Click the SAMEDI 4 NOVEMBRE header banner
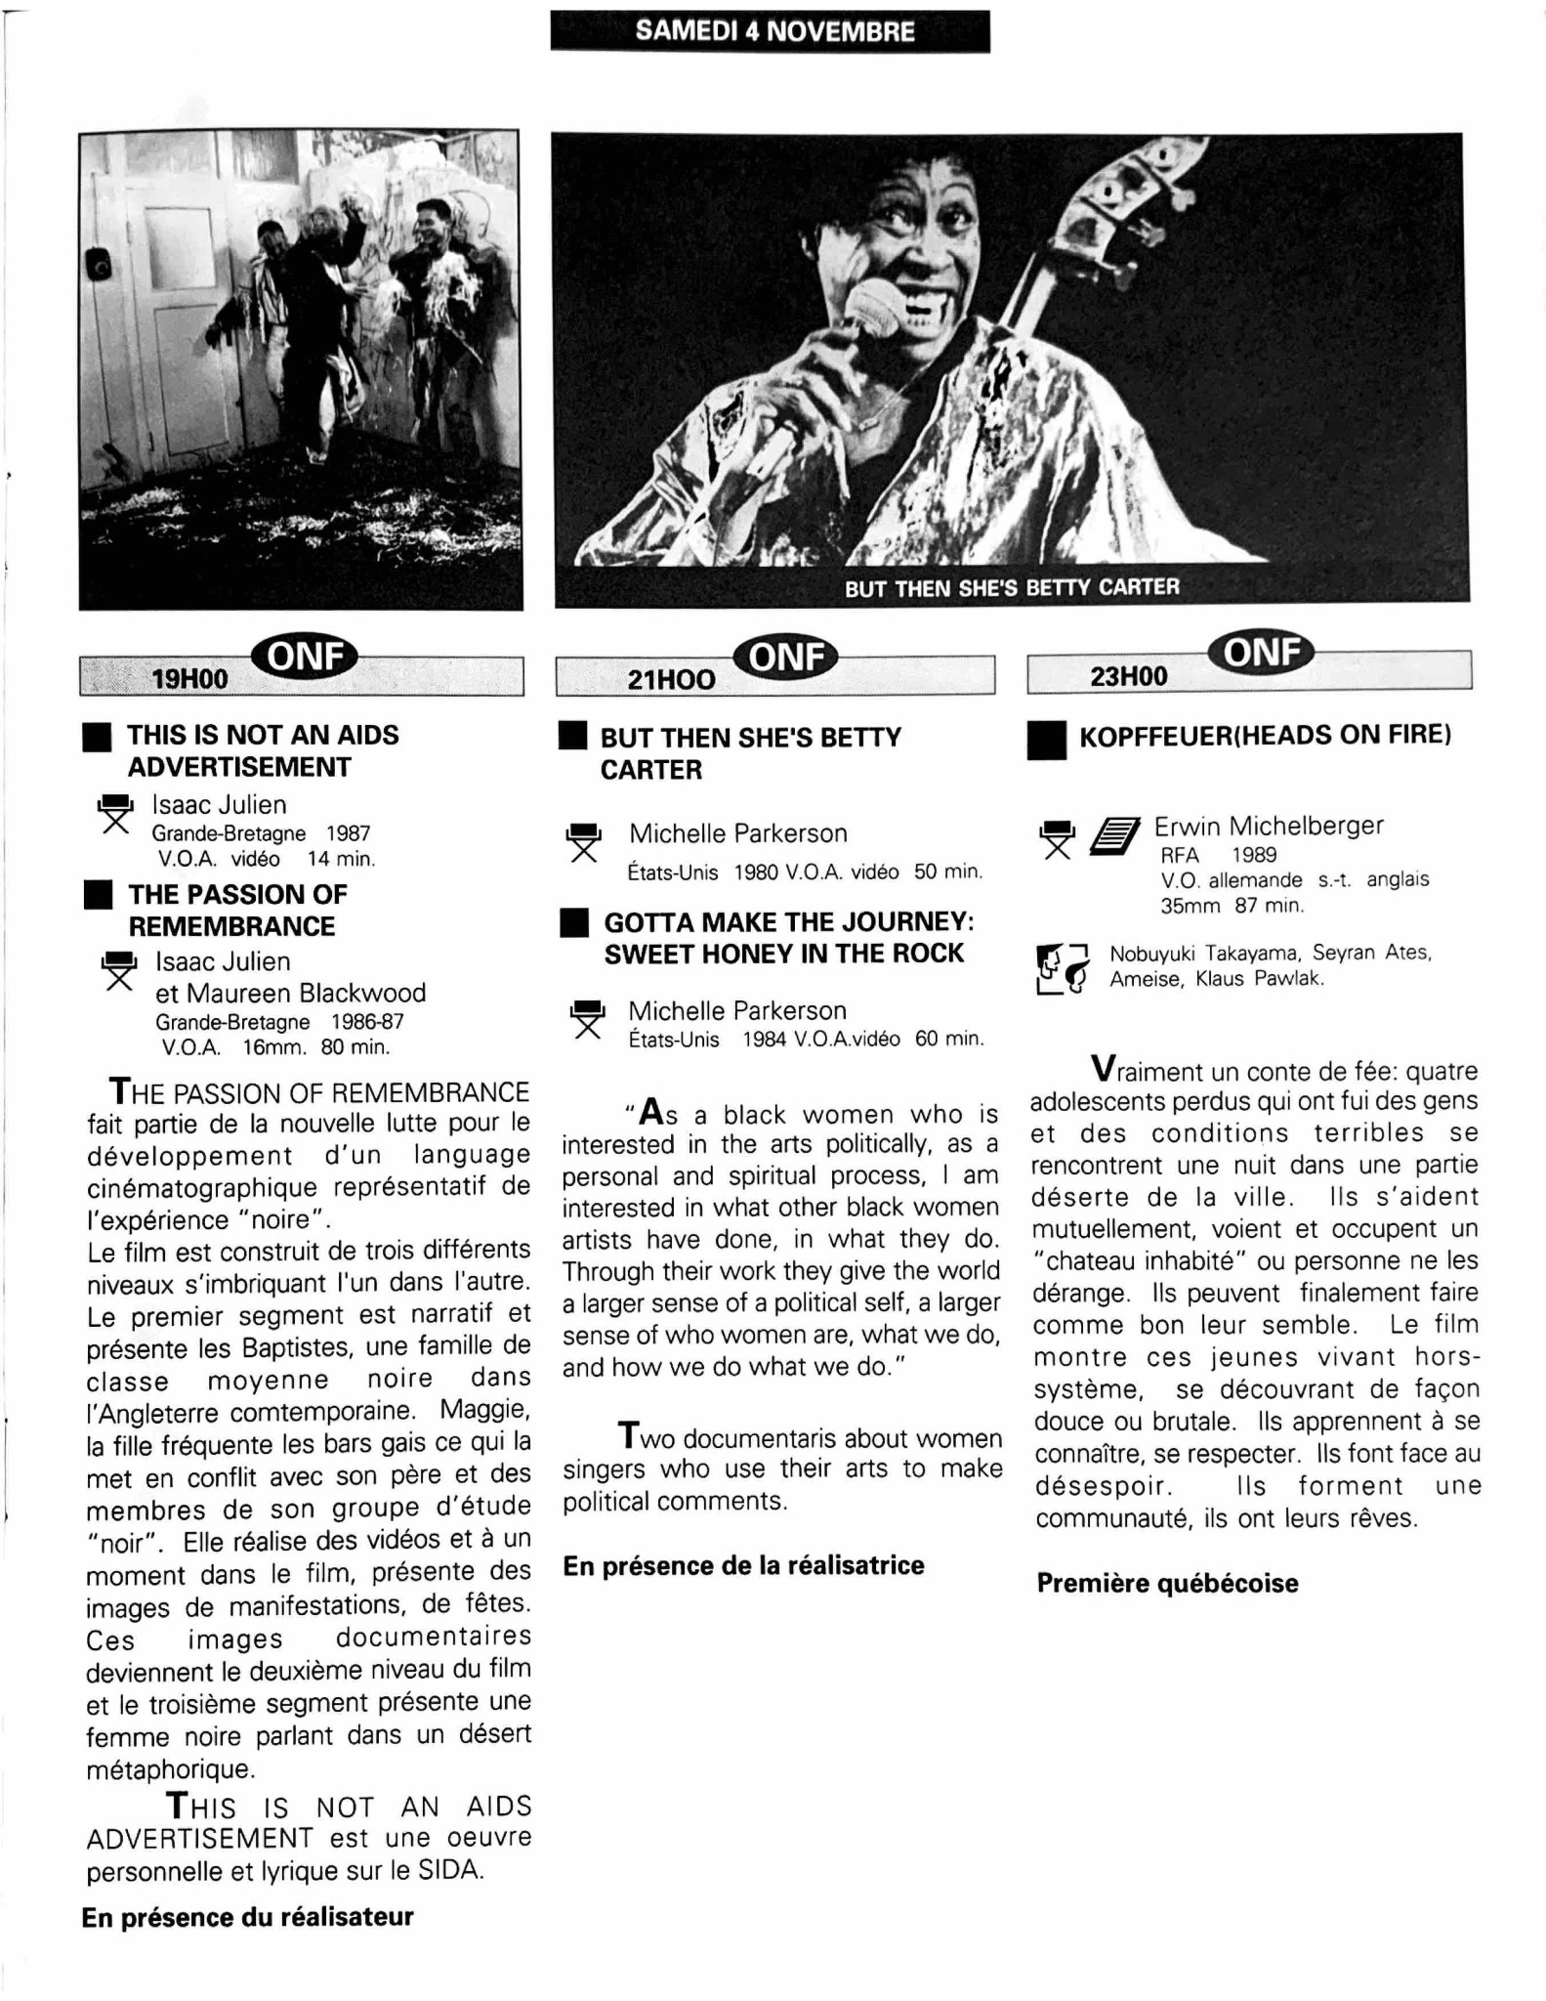(771, 31)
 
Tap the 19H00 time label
(190, 678)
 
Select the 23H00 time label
(1129, 676)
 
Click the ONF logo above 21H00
(786, 658)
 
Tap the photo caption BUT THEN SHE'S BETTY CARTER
(1012, 587)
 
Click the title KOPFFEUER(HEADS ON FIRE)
(1265, 735)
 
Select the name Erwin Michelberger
(1269, 826)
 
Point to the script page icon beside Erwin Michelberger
(1114, 836)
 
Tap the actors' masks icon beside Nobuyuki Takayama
(1062, 967)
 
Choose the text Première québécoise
(1167, 1584)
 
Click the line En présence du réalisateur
(247, 1917)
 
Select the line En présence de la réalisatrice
(743, 1566)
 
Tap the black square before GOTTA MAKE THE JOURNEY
(574, 923)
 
